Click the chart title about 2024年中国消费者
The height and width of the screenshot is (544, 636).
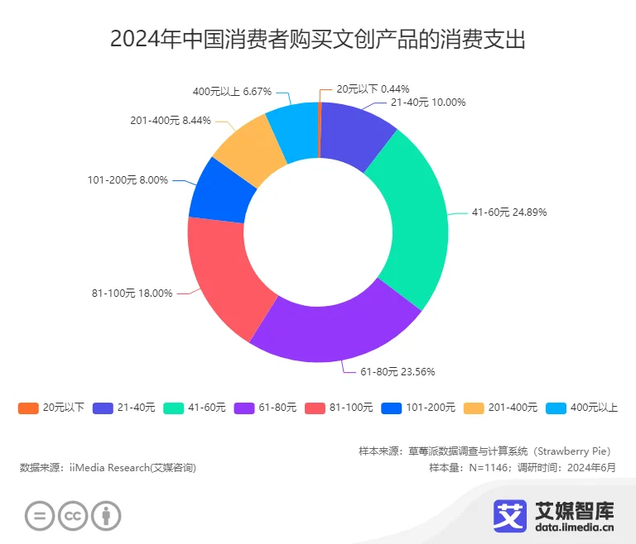point(318,39)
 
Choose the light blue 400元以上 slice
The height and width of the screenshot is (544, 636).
point(292,124)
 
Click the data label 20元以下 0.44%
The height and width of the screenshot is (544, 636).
point(373,88)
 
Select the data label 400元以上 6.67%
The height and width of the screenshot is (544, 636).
point(232,92)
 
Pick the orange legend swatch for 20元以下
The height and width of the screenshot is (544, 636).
point(28,408)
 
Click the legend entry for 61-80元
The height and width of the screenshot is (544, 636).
point(265,408)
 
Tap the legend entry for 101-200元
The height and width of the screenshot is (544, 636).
point(418,408)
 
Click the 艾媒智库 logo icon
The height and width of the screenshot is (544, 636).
point(511,515)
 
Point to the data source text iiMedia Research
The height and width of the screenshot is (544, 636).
point(108,467)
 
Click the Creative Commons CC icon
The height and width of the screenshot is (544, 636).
point(73,517)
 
